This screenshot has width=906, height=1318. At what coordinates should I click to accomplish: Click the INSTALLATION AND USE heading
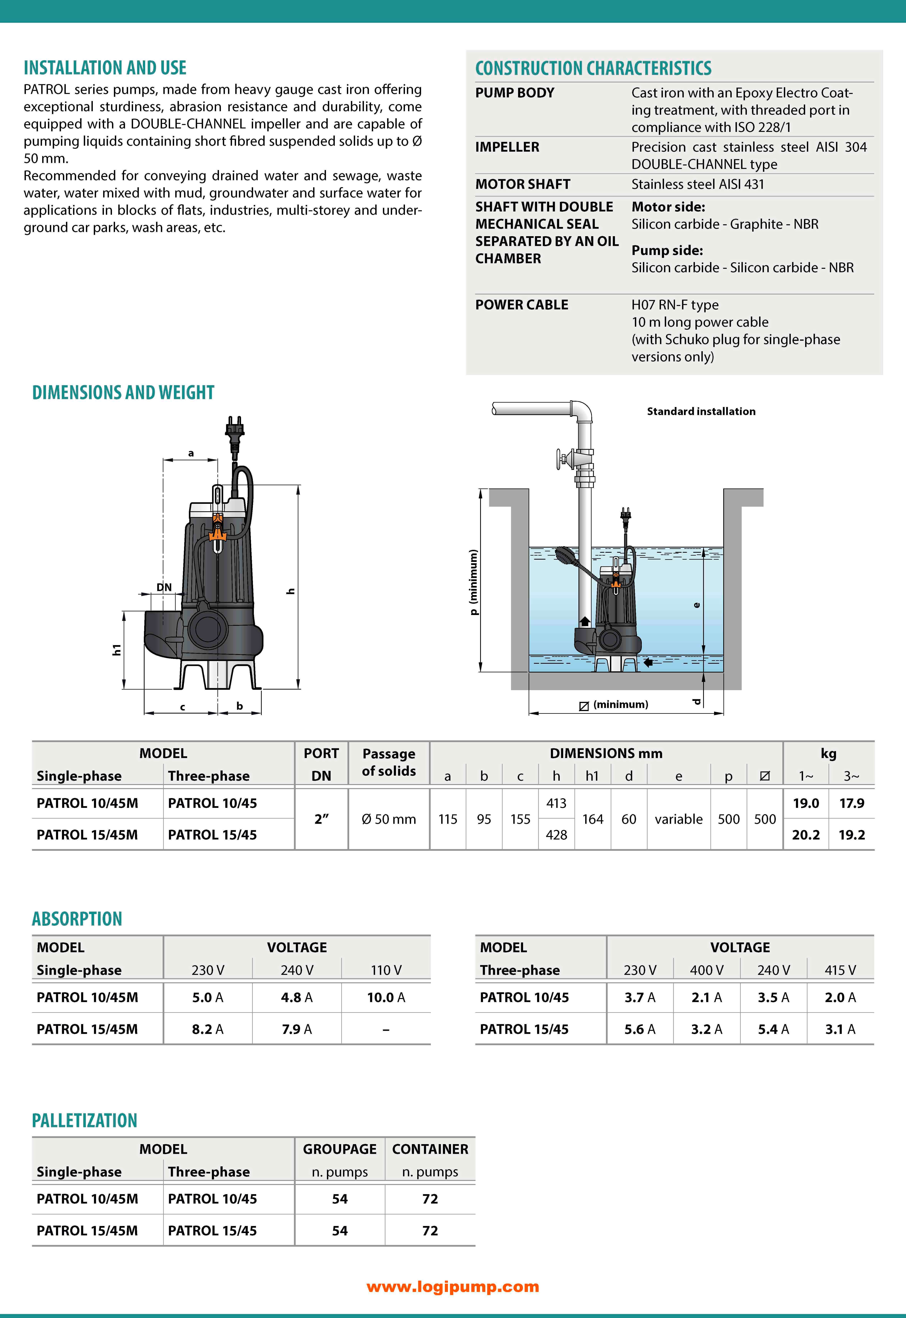click(x=105, y=68)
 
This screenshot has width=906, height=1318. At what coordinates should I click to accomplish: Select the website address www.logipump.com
click(x=453, y=1287)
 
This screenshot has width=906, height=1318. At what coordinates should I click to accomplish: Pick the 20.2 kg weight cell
click(x=806, y=834)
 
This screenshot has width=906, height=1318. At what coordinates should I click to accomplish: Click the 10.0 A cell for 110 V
click(x=386, y=997)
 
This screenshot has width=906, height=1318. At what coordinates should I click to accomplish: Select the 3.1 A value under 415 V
click(x=840, y=1029)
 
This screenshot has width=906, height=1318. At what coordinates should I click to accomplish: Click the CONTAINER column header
click(x=430, y=1149)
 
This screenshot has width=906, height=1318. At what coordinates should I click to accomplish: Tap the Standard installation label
click(x=701, y=412)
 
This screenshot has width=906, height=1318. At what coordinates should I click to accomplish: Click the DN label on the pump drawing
click(x=164, y=587)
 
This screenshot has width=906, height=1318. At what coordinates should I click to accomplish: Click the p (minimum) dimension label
click(x=473, y=582)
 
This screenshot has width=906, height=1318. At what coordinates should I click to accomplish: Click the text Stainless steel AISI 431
click(x=698, y=184)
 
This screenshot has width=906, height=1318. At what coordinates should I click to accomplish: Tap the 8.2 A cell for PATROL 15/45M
click(x=208, y=1029)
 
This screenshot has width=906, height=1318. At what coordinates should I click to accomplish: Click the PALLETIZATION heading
click(x=85, y=1121)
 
